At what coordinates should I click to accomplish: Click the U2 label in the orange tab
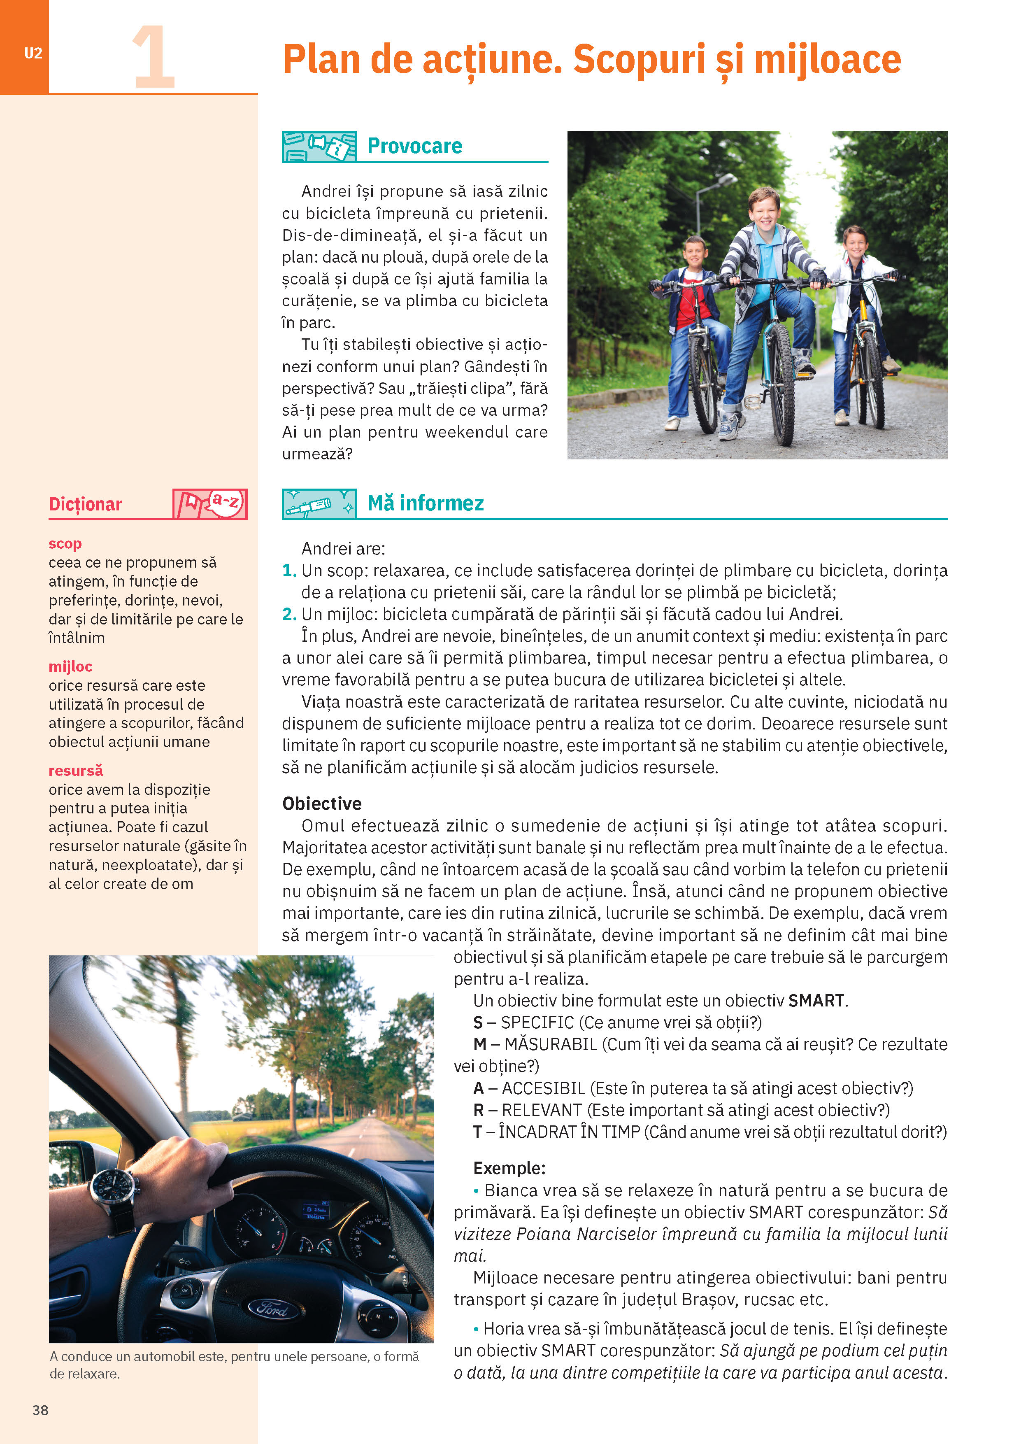tap(33, 54)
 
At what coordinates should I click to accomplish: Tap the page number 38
tap(40, 1409)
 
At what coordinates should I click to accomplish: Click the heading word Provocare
tap(414, 146)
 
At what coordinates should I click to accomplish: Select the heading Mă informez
tap(425, 503)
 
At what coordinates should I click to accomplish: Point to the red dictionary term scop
tap(65, 543)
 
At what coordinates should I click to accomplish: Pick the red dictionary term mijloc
tap(70, 666)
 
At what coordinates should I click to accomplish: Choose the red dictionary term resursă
tap(75, 771)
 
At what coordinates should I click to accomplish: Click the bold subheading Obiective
tap(321, 804)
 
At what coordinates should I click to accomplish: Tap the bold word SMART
tap(816, 1001)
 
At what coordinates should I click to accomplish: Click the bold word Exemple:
tap(509, 1168)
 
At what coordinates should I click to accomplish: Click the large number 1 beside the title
tap(153, 58)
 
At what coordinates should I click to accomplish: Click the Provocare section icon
tap(319, 147)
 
